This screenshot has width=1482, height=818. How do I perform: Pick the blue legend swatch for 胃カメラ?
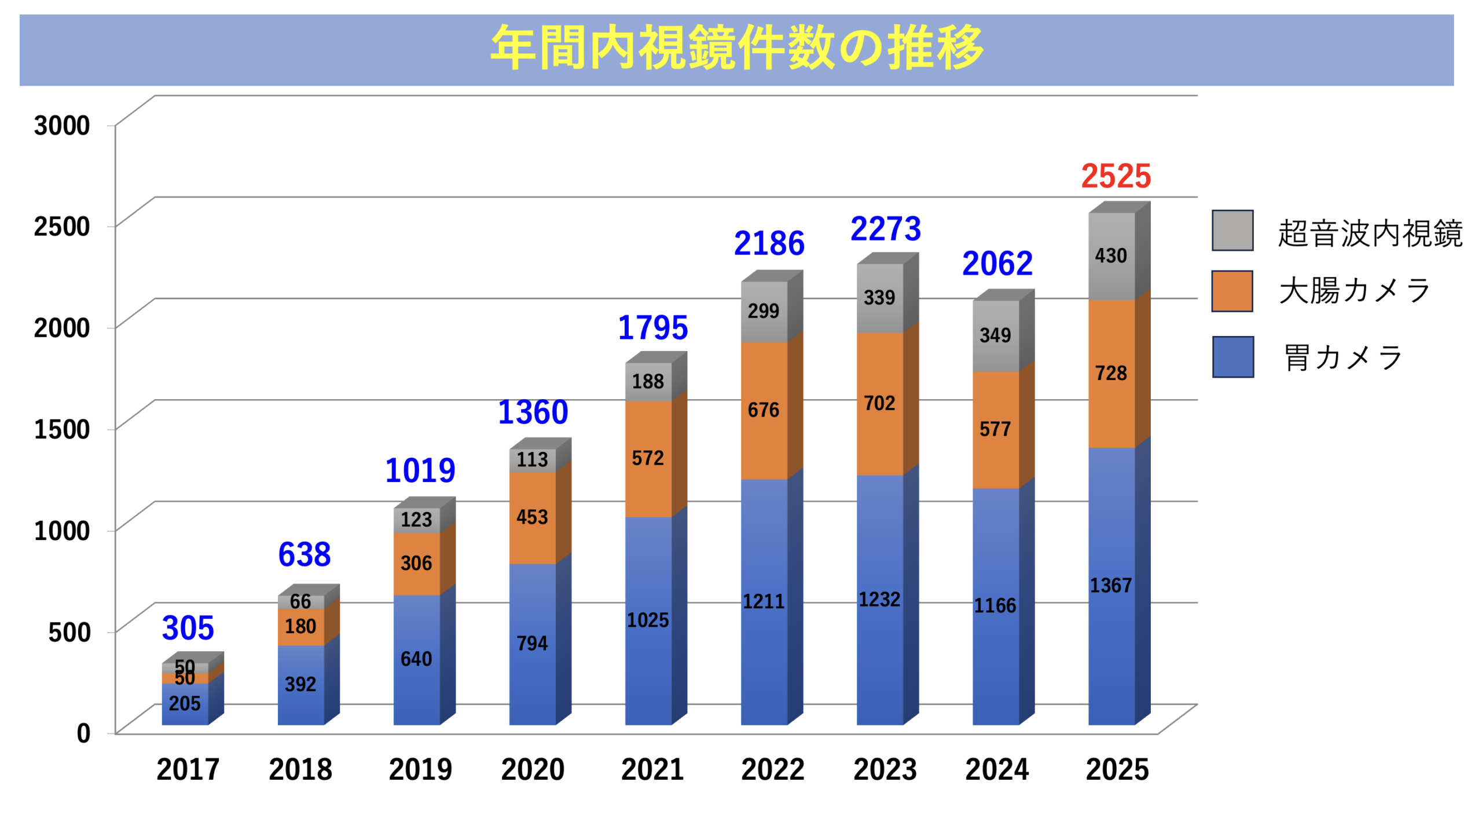click(1232, 357)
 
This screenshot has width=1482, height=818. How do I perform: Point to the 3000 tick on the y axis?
click(62, 125)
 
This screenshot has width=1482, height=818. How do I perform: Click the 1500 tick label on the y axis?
click(62, 429)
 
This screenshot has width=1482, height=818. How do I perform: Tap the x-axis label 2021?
click(652, 769)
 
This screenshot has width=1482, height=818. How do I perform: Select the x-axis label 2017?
click(188, 769)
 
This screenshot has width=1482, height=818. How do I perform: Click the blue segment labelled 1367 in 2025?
click(1110, 585)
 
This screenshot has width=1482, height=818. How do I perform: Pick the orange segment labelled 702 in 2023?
click(879, 403)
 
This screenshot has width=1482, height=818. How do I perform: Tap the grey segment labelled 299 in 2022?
click(763, 311)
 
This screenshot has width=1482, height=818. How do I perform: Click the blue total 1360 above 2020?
click(533, 412)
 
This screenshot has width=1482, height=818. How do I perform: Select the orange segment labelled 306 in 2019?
click(416, 563)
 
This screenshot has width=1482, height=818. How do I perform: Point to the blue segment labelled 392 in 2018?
click(300, 684)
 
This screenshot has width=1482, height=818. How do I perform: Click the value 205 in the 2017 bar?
click(184, 703)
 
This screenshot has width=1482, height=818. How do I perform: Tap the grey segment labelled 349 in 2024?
click(995, 335)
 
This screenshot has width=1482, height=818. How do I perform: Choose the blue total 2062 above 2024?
click(997, 264)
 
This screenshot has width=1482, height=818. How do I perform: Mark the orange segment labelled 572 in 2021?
click(647, 458)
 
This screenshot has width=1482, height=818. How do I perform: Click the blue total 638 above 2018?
click(304, 554)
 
